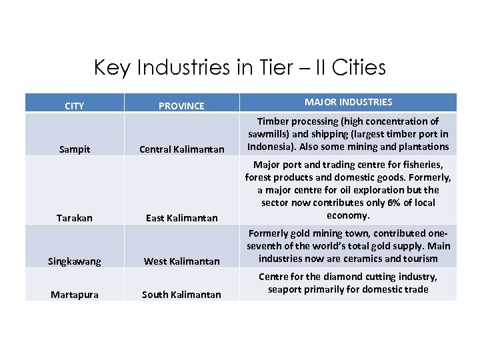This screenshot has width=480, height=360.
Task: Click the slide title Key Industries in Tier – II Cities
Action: (x=240, y=67)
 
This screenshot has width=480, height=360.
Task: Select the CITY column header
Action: (x=74, y=105)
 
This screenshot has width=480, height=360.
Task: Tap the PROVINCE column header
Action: (x=181, y=105)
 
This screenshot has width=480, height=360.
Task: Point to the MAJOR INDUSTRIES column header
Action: (x=348, y=102)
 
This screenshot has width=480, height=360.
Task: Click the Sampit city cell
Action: (x=75, y=149)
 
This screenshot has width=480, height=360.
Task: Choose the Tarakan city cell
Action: (x=75, y=218)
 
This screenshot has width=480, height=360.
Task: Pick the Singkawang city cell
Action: (x=75, y=261)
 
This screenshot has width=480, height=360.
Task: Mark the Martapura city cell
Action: (x=75, y=294)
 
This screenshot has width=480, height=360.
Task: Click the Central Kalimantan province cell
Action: (x=182, y=149)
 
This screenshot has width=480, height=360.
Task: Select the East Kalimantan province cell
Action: (x=182, y=218)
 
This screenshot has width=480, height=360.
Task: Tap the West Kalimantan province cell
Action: (x=182, y=261)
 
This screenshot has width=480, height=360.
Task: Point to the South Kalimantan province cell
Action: (x=182, y=294)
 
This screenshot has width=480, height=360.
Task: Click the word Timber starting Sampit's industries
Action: (x=272, y=121)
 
